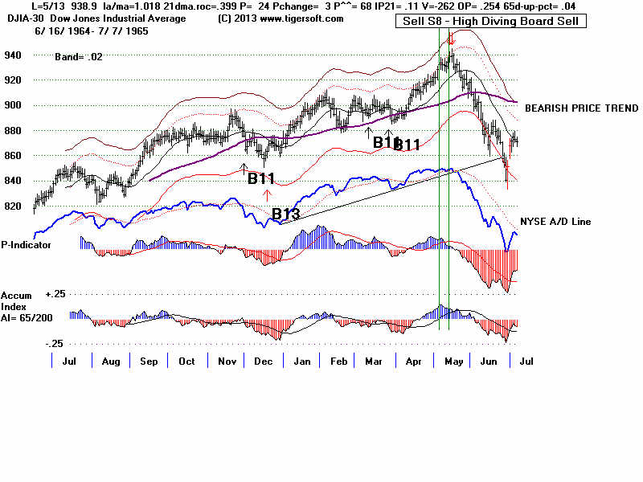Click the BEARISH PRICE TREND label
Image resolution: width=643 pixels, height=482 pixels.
coord(581,108)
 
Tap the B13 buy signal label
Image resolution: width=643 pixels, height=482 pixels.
coord(286,214)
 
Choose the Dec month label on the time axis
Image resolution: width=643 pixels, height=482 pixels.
coord(261,361)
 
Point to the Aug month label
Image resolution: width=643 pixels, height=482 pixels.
coord(112,361)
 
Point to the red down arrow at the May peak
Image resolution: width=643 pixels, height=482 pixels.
coord(453,38)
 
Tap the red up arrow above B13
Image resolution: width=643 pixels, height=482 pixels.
coord(268,193)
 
